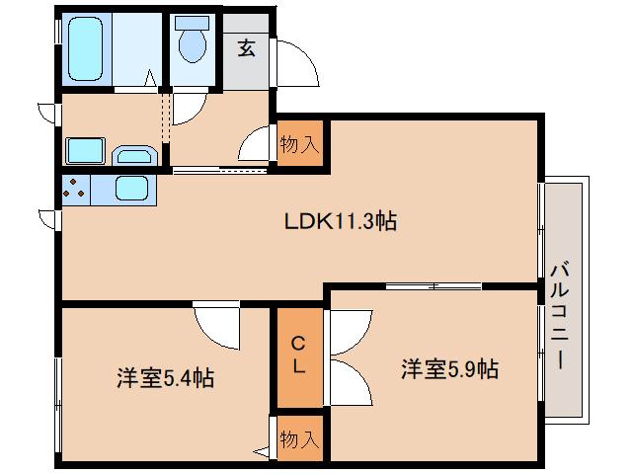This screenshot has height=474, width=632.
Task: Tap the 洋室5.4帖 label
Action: pyautogui.click(x=166, y=377)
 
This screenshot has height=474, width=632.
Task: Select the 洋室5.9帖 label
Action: pyautogui.click(x=449, y=370)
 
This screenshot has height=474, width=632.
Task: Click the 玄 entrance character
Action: pyautogui.click(x=246, y=47)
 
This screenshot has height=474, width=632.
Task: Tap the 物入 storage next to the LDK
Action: pyautogui.click(x=299, y=144)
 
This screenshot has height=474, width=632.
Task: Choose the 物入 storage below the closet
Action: pyautogui.click(x=298, y=436)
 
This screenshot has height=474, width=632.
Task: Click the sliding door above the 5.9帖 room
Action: pyautogui.click(x=434, y=286)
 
